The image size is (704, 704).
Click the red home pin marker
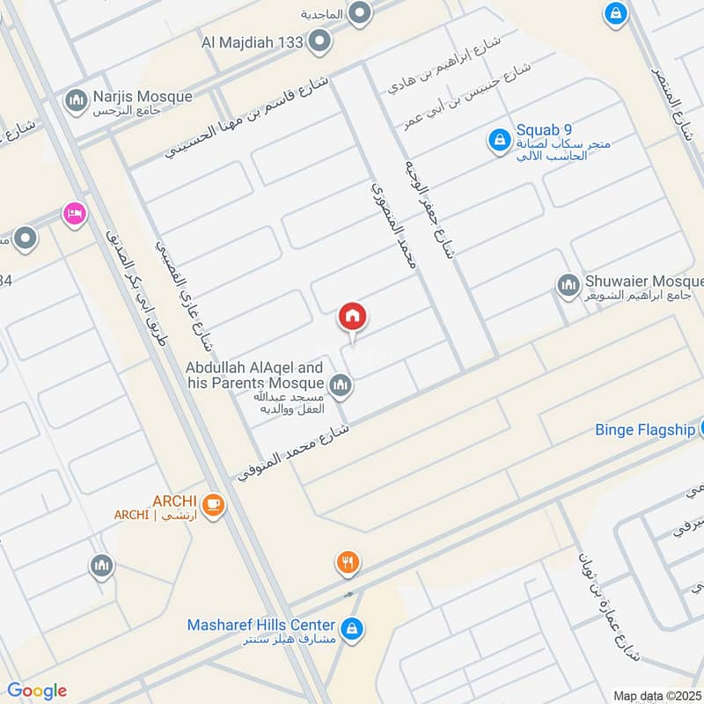coord(352,317)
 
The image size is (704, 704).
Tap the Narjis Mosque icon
coord(75,101)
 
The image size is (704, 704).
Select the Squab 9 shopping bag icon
coord(499,140)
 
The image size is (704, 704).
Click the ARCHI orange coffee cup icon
coord(211,504)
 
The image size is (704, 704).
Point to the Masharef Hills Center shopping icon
coord(352,627)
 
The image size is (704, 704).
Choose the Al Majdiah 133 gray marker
coord(320,40)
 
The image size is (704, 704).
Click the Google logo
coord(37,691)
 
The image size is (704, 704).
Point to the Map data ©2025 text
coord(657,695)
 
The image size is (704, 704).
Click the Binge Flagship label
coord(644,429)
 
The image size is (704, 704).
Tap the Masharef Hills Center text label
coord(261,625)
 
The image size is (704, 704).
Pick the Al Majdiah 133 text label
coord(252,41)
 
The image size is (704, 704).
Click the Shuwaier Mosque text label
coord(642,282)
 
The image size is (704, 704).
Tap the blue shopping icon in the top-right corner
coord(615,13)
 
